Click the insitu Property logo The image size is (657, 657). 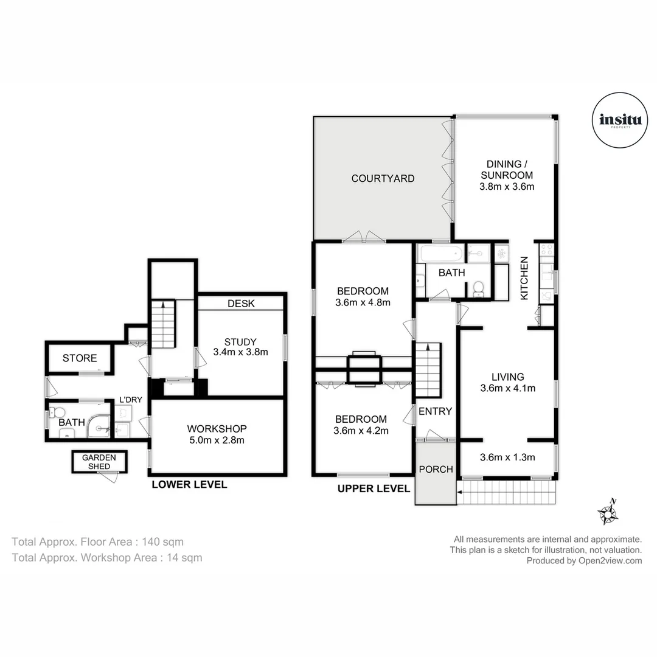click(x=616, y=120)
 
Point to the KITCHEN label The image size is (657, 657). click(x=524, y=278)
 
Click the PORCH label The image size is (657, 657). click(x=436, y=469)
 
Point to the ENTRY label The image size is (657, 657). click(x=435, y=411)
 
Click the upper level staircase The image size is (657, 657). click(x=429, y=370)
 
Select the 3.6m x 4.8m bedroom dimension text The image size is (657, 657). click(x=362, y=302)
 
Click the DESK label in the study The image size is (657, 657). click(x=241, y=303)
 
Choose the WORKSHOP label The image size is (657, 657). click(x=217, y=429)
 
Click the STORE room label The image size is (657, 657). click(x=80, y=358)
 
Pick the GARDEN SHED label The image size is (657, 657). click(x=99, y=462)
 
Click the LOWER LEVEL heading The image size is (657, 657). click(x=189, y=485)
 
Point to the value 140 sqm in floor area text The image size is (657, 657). click(x=161, y=541)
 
